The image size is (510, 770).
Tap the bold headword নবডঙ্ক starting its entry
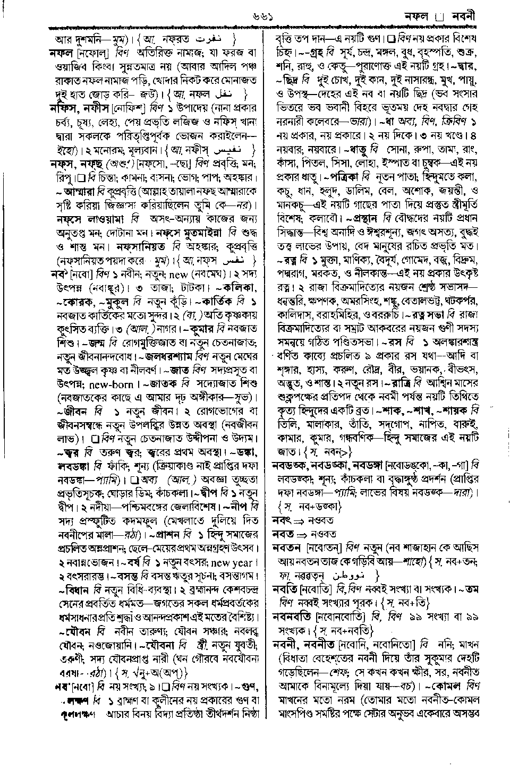(290, 465)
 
